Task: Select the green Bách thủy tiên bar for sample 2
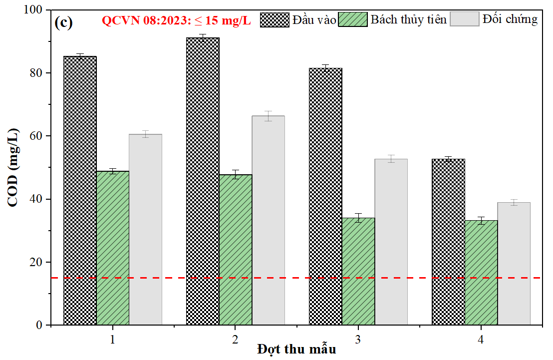[236, 250]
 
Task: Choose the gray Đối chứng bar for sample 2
[268, 220]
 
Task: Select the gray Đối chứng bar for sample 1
[145, 230]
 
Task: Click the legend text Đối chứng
[510, 19]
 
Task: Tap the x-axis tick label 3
[358, 340]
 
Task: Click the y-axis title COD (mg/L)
[13, 167]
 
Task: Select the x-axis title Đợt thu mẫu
[296, 350]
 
